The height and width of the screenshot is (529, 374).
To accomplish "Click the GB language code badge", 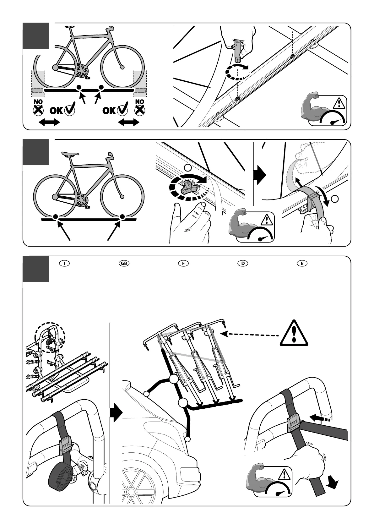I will [x=124, y=264].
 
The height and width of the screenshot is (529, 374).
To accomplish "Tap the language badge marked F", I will [x=183, y=264].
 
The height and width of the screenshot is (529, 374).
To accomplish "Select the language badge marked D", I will [x=243, y=264].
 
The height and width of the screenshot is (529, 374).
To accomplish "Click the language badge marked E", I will [x=302, y=264].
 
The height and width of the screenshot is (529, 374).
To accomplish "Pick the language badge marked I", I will [x=64, y=264].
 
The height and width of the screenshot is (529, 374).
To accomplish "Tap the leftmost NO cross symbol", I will [x=38, y=110].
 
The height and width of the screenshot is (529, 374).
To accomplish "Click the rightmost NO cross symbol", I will [x=140, y=110].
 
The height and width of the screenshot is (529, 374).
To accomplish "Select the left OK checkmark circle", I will [x=69, y=110].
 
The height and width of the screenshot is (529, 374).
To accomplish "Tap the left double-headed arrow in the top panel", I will [x=49, y=122].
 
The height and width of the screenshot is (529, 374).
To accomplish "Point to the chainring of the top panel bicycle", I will [x=81, y=71].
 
